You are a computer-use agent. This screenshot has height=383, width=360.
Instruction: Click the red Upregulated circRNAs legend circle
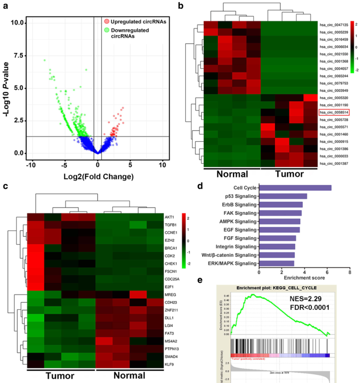106,21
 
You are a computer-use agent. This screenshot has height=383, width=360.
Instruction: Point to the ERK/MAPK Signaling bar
276,264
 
